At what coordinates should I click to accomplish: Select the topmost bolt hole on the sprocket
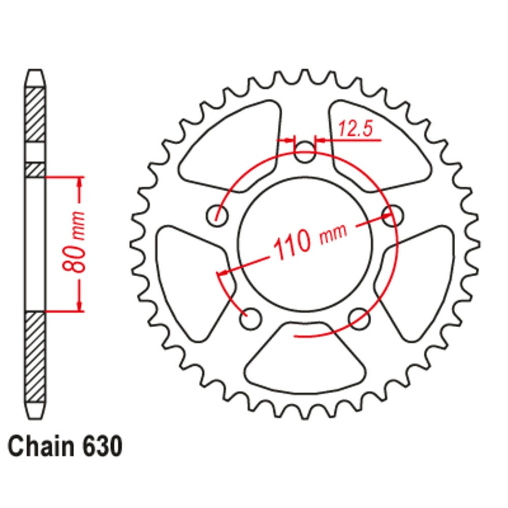pos(305,153)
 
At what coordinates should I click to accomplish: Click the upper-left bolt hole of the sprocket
pos(217,215)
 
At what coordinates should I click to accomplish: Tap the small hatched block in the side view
pos(35,170)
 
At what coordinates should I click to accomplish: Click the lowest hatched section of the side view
pos(35,356)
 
